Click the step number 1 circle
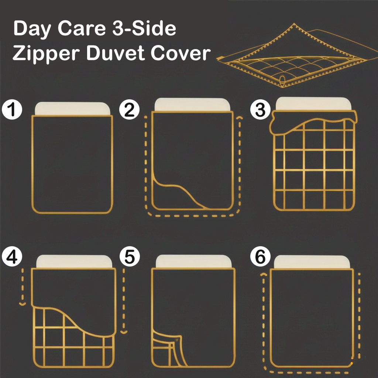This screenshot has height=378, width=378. pos(12,109)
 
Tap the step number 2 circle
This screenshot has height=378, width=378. pos(130,109)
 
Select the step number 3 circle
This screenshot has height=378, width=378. pos(260,109)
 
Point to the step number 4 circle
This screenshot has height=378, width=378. pos(12,256)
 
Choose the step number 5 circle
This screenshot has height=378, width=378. pos(130,256)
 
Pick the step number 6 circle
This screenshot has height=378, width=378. pos(260,256)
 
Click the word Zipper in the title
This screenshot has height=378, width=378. pos(46,54)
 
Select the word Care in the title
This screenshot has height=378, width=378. pos(82,28)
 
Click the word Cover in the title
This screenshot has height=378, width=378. pos(181,53)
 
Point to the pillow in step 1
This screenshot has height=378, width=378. pos(73,109)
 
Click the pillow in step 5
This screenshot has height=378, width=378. pos(193,261)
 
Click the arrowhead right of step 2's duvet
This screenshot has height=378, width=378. pos(239,118)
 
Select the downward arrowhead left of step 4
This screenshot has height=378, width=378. pos(23,304)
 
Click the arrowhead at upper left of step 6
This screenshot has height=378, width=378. pos(264,274)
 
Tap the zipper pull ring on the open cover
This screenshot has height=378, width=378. pos(282,80)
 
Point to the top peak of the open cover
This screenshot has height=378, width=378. pos(294,24)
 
